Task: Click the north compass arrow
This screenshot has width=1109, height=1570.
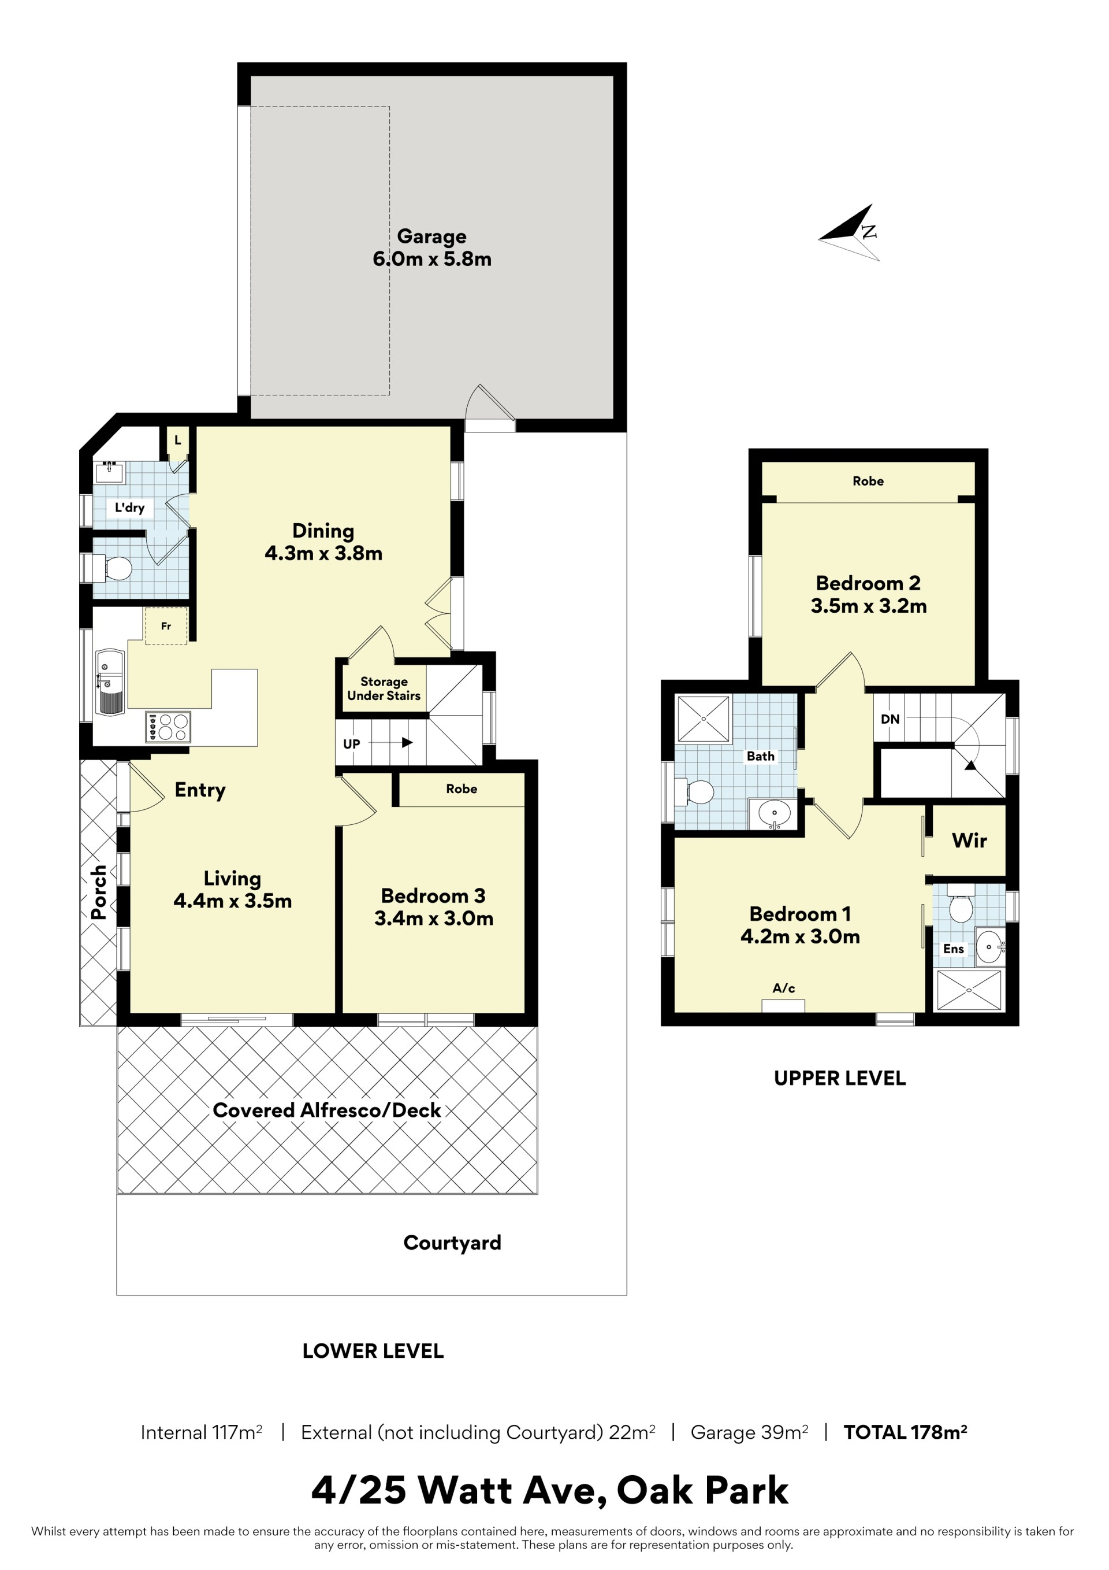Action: point(849,232)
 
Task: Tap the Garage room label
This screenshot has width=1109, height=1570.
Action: point(432,236)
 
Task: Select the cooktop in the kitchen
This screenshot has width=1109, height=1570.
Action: point(168,727)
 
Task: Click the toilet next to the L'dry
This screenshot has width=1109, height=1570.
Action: point(115,568)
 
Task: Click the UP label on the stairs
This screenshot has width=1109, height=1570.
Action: point(351,743)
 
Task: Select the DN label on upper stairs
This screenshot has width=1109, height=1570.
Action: point(890,719)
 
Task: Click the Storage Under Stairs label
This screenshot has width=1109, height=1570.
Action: point(384,688)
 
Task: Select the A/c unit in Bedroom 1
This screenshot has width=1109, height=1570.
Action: point(783,1006)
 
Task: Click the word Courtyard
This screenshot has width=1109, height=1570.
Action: point(452,1243)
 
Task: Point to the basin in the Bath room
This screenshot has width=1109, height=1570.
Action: point(774,814)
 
